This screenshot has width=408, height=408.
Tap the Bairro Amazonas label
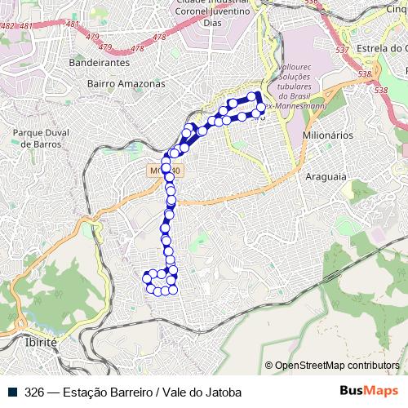pos(126,83)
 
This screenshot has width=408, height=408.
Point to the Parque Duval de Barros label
pos(38,137)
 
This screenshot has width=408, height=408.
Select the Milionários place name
pos(326,134)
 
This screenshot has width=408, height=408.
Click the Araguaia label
pos(326,176)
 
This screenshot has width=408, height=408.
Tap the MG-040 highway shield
pos(168,171)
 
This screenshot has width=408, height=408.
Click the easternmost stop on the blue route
pos(261,107)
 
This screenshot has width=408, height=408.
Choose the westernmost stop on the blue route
pos(146,278)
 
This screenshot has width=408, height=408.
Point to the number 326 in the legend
pos(34,391)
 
